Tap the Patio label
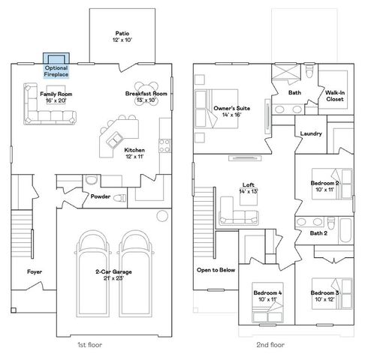122,36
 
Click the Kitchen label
134,153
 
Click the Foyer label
34,271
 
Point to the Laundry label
310,134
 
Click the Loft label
248,187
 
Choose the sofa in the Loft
237,217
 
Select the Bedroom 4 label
267,295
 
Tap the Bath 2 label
318,233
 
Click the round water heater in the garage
162,216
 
